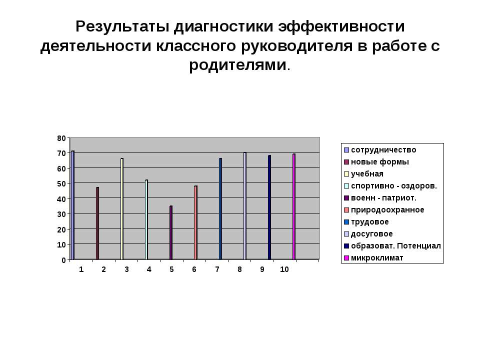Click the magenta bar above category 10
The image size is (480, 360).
(294, 206)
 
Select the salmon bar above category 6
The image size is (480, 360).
(195, 223)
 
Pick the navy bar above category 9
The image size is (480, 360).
(269, 207)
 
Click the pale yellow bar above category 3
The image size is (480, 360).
(122, 209)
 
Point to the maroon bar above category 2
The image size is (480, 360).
(97, 223)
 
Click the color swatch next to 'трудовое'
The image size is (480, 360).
(346, 222)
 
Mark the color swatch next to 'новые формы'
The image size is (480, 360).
(346, 162)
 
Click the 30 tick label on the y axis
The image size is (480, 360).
(61, 214)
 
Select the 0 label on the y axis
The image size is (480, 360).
(63, 260)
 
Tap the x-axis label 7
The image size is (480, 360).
(217, 269)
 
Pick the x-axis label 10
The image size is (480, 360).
(284, 269)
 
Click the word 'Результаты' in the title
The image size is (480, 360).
(122, 27)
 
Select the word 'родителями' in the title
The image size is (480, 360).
(238, 65)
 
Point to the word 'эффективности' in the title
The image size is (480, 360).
(341, 26)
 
